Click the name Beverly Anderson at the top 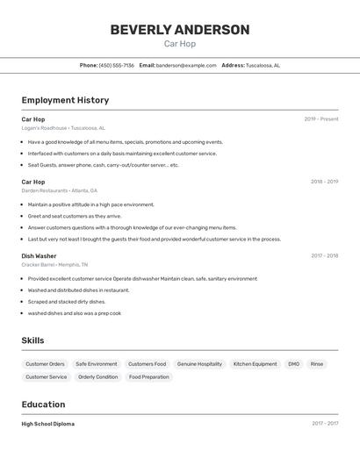coord(179,30)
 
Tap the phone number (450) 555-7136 coord(117,66)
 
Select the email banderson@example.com coord(186,66)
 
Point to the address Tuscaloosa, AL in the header coord(263,66)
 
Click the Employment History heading coord(65,100)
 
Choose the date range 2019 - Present coord(321,119)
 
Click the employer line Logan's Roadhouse coord(63,128)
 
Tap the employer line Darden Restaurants coord(60,190)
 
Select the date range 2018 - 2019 coord(324,182)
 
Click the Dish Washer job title coord(40,256)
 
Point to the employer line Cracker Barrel coord(54,265)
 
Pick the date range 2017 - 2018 coord(324,256)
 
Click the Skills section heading coord(32,340)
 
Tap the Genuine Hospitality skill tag coord(199,364)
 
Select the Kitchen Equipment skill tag coord(255,364)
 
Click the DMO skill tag coord(293,364)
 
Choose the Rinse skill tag coord(317,364)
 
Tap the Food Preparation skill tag coord(148,377)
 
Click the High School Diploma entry coord(48,424)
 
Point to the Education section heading coord(43,404)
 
